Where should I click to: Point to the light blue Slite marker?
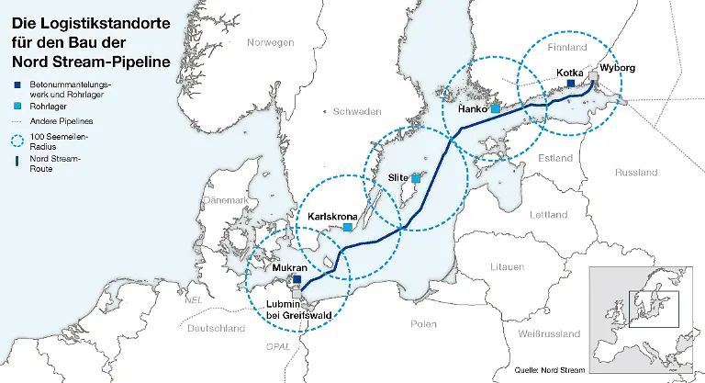tap(416, 178)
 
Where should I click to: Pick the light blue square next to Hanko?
tap(495, 108)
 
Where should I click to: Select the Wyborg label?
tap(616, 68)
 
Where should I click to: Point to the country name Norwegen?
tap(271, 42)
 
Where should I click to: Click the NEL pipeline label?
tap(193, 299)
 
